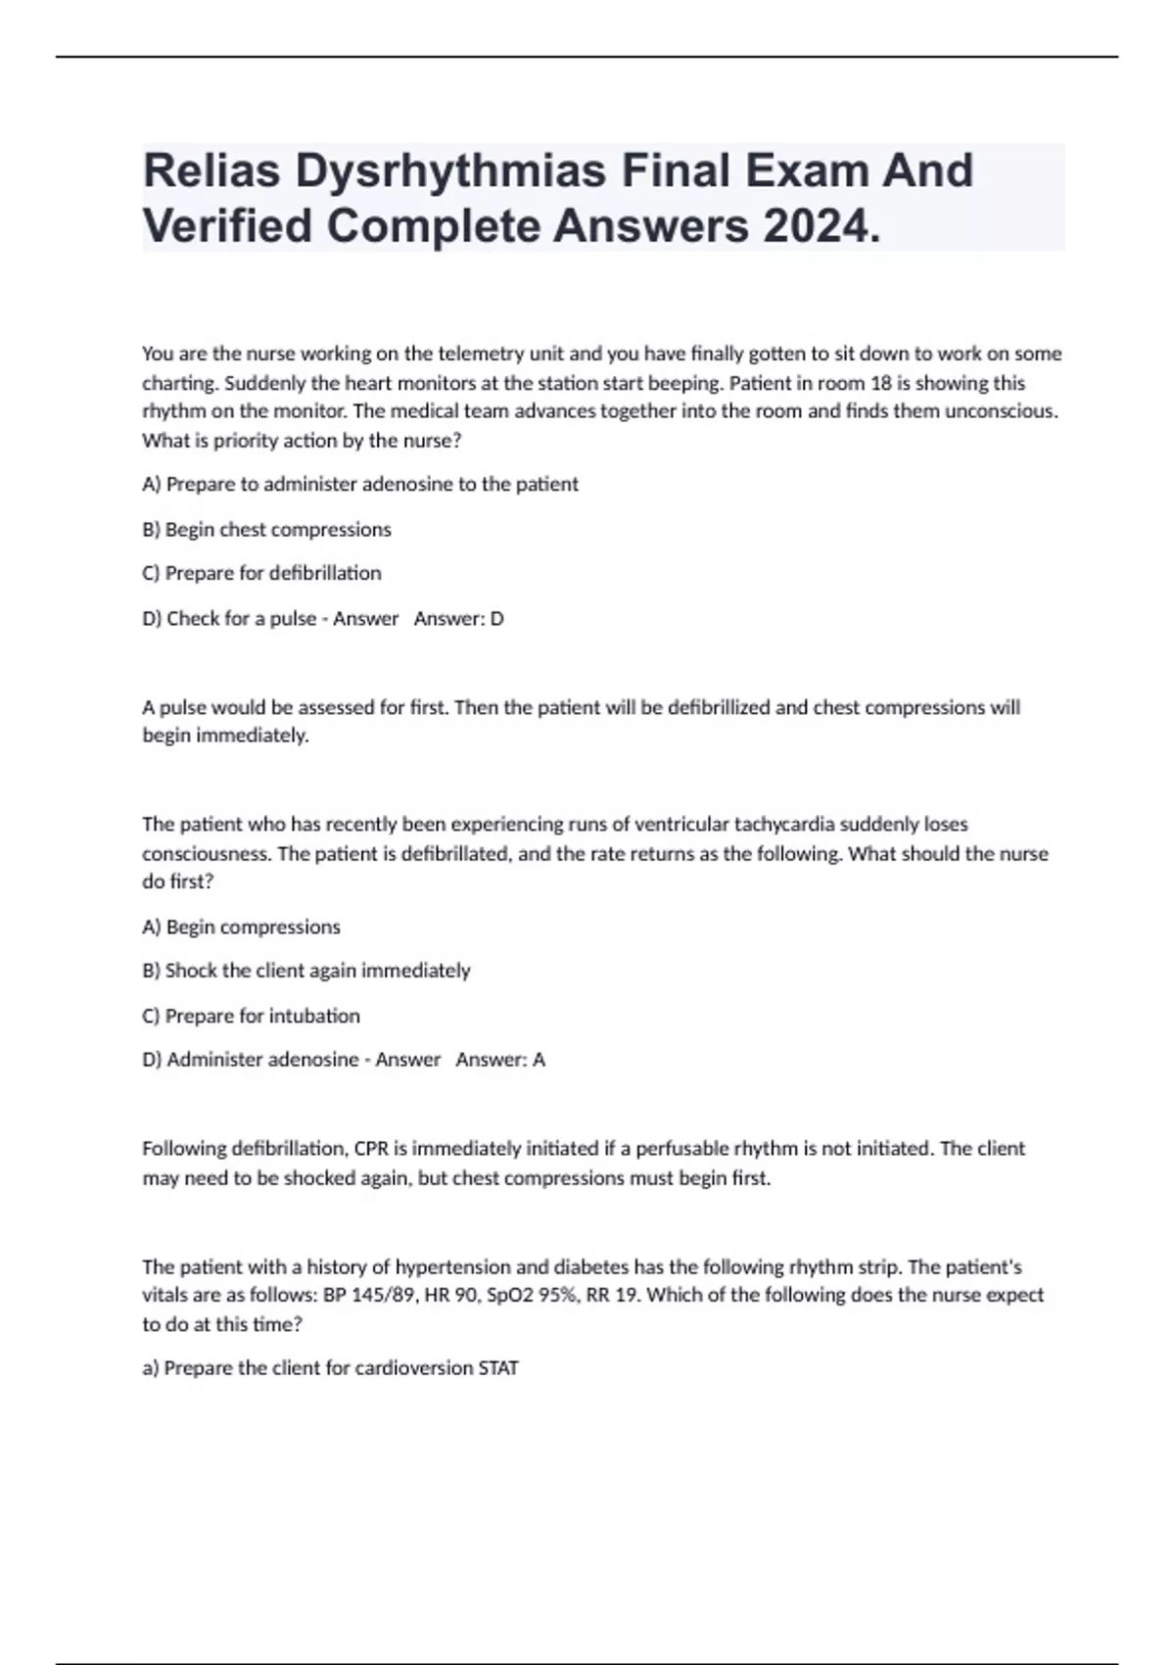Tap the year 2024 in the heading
pyautogui.click(x=821, y=227)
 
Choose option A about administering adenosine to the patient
pyautogui.click(x=360, y=484)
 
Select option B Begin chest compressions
pyautogui.click(x=267, y=530)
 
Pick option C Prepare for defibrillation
pyautogui.click(x=262, y=573)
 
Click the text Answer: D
pyautogui.click(x=458, y=619)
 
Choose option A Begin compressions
pyautogui.click(x=242, y=927)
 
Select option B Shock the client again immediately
pyautogui.click(x=306, y=971)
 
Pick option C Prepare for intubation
pyautogui.click(x=252, y=1016)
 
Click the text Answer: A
pyautogui.click(x=500, y=1060)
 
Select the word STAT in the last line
pyautogui.click(x=497, y=1368)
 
